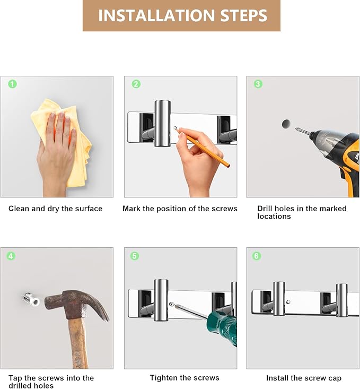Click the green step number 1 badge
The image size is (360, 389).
(12, 84)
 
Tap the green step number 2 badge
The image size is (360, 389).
(136, 84)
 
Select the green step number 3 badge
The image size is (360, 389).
(258, 84)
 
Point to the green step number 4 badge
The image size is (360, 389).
(11, 256)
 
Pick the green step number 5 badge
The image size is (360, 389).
(135, 256)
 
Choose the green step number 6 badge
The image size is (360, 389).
(257, 256)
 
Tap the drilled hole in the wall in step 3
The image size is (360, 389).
(286, 124)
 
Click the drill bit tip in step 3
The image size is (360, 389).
(296, 128)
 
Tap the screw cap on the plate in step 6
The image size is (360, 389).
(288, 302)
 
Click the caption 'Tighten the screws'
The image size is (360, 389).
(185, 378)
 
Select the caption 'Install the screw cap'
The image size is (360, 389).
(304, 378)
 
